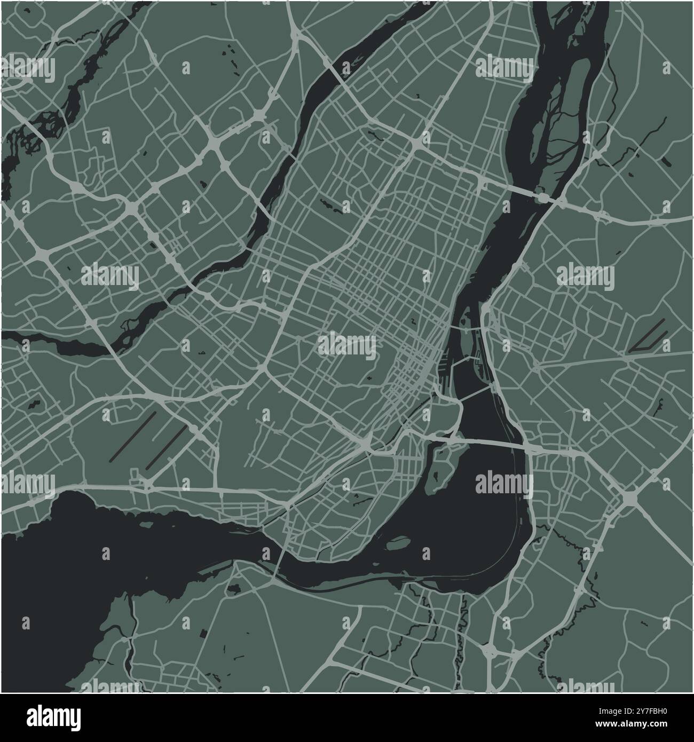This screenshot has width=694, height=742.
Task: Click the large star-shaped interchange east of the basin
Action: click(630, 499)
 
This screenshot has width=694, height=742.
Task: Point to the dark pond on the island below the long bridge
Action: click(438, 471)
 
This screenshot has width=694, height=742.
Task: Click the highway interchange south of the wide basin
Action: click(490, 650)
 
